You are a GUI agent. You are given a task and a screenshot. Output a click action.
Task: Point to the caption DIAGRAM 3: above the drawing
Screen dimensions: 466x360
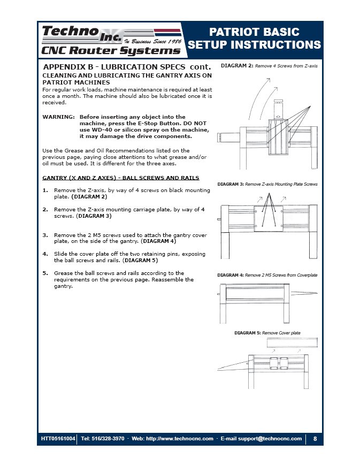point(231,184)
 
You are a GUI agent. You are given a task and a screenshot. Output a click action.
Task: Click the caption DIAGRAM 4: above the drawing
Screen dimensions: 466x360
point(231,275)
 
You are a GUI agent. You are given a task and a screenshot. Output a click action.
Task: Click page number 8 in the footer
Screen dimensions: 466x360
point(315,439)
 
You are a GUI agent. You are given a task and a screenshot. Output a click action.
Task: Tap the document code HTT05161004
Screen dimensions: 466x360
point(58,439)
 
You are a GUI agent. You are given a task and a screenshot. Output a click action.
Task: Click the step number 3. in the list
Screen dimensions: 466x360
point(45,235)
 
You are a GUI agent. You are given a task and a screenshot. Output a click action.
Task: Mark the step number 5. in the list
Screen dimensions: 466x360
point(45,273)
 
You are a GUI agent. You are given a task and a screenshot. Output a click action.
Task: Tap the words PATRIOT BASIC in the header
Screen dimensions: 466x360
point(254,32)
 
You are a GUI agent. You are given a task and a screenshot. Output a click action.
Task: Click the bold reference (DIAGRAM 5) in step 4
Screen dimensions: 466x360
point(140,260)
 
